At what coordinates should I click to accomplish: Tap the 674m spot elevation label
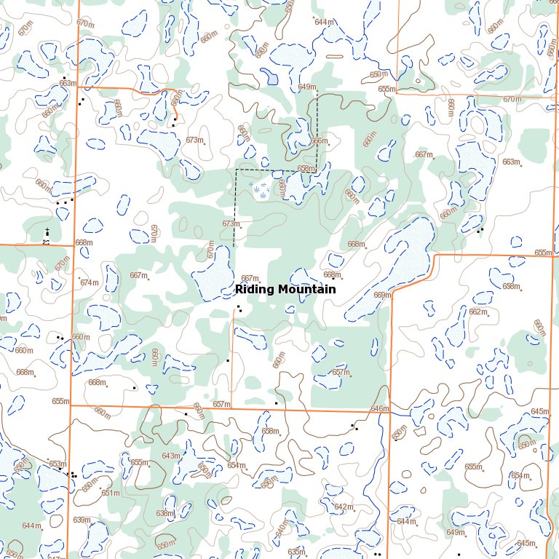[x=89, y=282]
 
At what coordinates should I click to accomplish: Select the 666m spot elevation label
[x=320, y=141]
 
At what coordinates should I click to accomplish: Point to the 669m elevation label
[x=382, y=295]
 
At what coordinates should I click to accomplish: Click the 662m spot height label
[x=477, y=312]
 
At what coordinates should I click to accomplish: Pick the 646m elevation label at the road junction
[x=379, y=409]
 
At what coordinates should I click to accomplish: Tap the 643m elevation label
[x=170, y=456]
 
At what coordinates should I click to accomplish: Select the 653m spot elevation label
[x=57, y=464]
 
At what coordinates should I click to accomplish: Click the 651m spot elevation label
[x=111, y=493]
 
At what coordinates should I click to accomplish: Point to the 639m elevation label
[x=82, y=520]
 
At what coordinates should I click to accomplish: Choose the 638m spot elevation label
[x=164, y=513]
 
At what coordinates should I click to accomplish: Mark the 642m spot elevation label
[x=343, y=507]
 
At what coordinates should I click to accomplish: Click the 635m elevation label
[x=296, y=552]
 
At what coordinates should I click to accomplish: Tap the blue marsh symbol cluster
[x=259, y=191]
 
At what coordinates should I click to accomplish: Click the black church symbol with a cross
[x=47, y=231]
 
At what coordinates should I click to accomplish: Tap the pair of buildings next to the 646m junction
[x=354, y=427]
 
